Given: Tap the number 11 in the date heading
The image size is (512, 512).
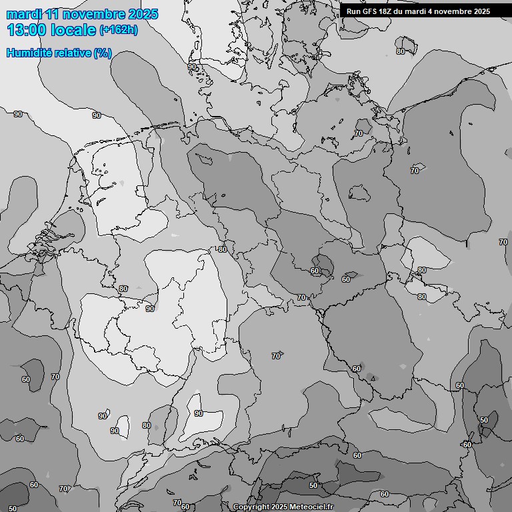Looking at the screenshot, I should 52,14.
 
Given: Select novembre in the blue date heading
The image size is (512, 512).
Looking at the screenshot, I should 94,14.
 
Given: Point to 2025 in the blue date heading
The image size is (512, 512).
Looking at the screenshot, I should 143,14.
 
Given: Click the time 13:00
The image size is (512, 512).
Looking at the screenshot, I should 26,30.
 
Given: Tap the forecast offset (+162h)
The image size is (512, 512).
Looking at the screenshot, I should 118,30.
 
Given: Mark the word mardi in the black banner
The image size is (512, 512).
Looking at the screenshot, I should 417,11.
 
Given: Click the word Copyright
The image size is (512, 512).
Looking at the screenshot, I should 251,507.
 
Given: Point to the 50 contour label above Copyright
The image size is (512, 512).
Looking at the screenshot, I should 313,485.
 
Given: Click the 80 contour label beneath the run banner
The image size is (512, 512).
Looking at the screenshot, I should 401,51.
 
